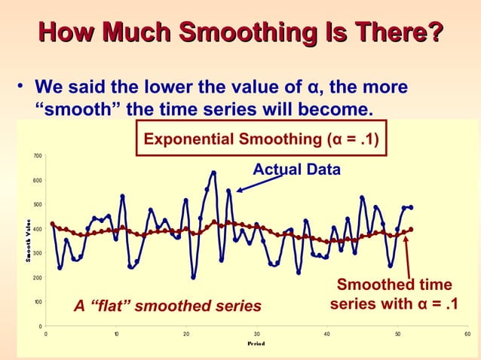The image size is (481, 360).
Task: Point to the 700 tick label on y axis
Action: (x=36, y=156)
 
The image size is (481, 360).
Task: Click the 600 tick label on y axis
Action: (x=36, y=181)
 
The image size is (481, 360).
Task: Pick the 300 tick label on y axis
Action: (x=36, y=253)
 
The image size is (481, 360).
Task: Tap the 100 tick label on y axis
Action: (x=36, y=302)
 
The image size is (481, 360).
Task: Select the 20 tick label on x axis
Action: (x=186, y=334)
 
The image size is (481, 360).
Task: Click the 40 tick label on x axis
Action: (x=326, y=334)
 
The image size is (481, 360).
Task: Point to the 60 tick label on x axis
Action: (x=467, y=334)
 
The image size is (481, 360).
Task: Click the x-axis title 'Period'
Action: (x=257, y=343)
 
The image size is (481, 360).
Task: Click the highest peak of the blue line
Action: (x=213, y=172)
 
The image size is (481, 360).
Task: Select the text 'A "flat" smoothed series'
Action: (x=167, y=306)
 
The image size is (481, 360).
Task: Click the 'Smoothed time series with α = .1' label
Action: (x=394, y=295)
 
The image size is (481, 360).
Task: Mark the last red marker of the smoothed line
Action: (x=411, y=229)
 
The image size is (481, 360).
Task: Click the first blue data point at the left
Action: (x=52, y=224)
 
